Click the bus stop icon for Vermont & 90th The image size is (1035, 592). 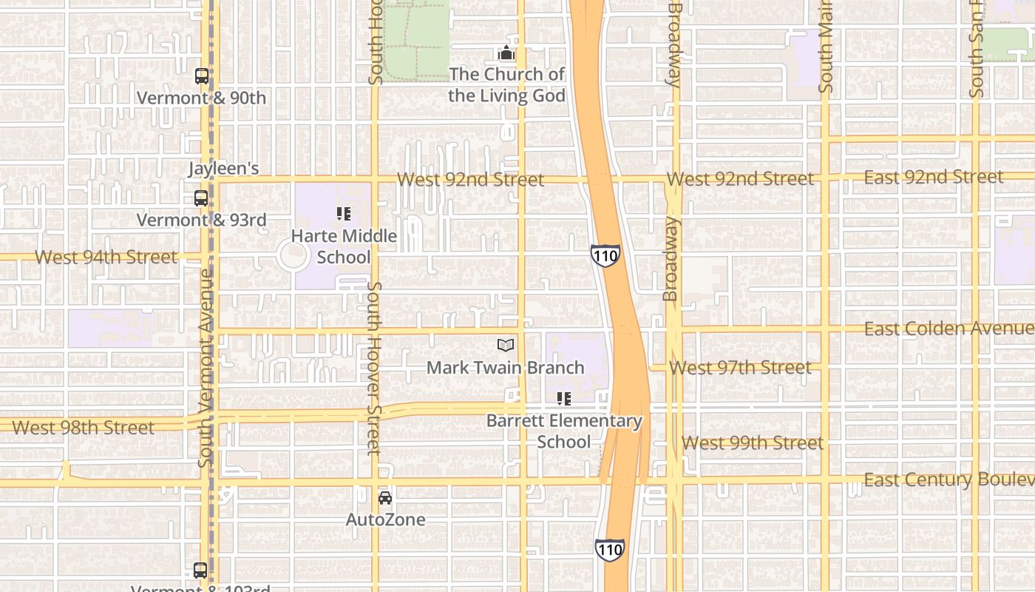(201, 75)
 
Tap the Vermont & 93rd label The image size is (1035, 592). (201, 220)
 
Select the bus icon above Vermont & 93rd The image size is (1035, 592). (201, 198)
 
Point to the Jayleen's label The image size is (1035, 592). (223, 169)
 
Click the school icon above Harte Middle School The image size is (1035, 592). (344, 214)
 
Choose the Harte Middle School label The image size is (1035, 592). (344, 246)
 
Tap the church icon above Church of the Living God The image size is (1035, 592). (506, 53)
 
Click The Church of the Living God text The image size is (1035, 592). (506, 85)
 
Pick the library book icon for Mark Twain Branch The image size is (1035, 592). (506, 346)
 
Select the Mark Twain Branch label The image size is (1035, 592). (506, 367)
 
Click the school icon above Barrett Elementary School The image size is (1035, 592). (564, 399)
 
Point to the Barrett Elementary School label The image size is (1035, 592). (564, 431)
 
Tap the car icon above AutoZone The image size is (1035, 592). (385, 498)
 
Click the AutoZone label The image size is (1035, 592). (386, 519)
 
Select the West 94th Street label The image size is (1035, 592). (106, 258)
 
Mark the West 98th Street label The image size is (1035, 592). (84, 428)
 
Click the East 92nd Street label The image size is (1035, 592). (934, 177)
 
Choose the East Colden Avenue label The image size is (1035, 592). (949, 329)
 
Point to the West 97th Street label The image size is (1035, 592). (740, 368)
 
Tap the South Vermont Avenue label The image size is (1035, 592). (206, 368)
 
